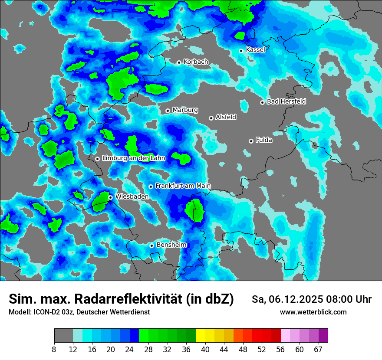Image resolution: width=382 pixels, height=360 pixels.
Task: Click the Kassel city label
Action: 255,50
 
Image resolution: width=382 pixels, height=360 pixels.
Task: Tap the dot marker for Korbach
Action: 179,62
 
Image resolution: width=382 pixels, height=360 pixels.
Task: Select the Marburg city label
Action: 185,110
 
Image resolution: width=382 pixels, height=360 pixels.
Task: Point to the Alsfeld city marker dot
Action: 211,118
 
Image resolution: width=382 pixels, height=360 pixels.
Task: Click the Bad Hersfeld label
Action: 286,101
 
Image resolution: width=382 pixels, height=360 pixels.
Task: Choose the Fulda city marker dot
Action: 251,141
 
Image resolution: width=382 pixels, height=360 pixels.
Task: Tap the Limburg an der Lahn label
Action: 133,158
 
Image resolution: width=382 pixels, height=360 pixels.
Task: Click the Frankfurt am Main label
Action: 183,186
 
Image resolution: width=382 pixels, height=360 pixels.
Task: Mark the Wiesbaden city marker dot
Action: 111,197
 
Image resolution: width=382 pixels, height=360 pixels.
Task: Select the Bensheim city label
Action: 171,245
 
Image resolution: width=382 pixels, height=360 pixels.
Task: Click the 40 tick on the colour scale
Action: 205,349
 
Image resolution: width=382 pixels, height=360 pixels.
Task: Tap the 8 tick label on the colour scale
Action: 54,349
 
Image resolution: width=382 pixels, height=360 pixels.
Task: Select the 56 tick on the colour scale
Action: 281,349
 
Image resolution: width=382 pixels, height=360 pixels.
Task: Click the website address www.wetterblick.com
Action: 313,312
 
